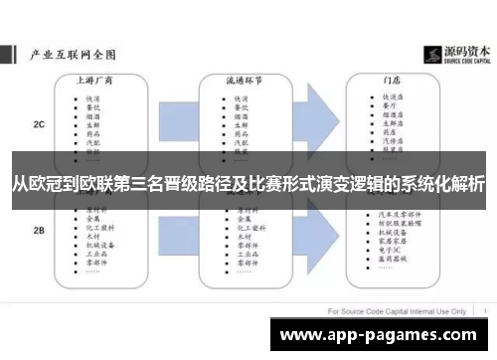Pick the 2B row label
(38, 230)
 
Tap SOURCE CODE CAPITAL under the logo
(458, 61)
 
